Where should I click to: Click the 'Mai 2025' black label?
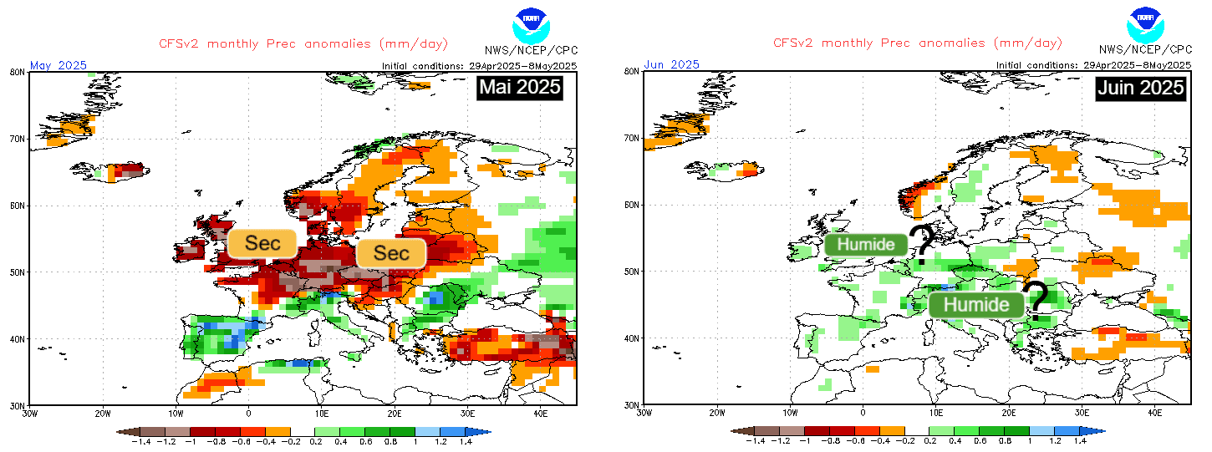[x=519, y=88]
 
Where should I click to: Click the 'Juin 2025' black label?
[x=1141, y=88]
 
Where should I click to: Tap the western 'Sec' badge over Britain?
[x=262, y=243]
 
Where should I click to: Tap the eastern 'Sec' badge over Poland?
[x=391, y=252]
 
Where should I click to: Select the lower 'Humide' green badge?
[x=975, y=304]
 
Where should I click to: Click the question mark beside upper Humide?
[x=923, y=243]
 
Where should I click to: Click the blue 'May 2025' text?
[x=59, y=64]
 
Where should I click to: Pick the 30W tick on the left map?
[x=30, y=413]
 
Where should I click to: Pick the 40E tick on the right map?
[x=1155, y=413]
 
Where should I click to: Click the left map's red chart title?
[x=303, y=43]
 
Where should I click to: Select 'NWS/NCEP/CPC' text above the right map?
[x=1144, y=50]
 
